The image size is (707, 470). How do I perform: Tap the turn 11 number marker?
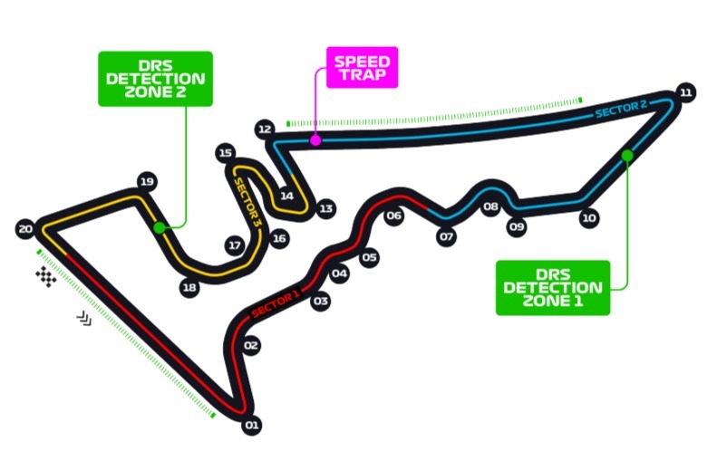point(686,92)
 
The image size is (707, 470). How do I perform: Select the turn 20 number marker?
point(25,228)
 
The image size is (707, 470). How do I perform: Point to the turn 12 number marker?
point(265,129)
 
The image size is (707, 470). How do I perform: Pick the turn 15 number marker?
point(226,153)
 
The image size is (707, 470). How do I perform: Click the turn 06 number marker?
point(393,216)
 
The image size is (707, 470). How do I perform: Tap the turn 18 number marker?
point(189,288)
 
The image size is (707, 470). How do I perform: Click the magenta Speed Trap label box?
point(362,68)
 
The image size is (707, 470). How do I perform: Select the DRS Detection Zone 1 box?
point(553,287)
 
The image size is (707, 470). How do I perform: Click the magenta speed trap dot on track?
point(315,139)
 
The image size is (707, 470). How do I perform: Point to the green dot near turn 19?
point(160,227)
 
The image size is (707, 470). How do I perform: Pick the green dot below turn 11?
point(626,156)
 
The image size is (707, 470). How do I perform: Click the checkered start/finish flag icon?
point(45,276)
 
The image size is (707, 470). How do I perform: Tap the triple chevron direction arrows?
point(83,317)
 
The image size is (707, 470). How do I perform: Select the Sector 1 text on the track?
point(275,304)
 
